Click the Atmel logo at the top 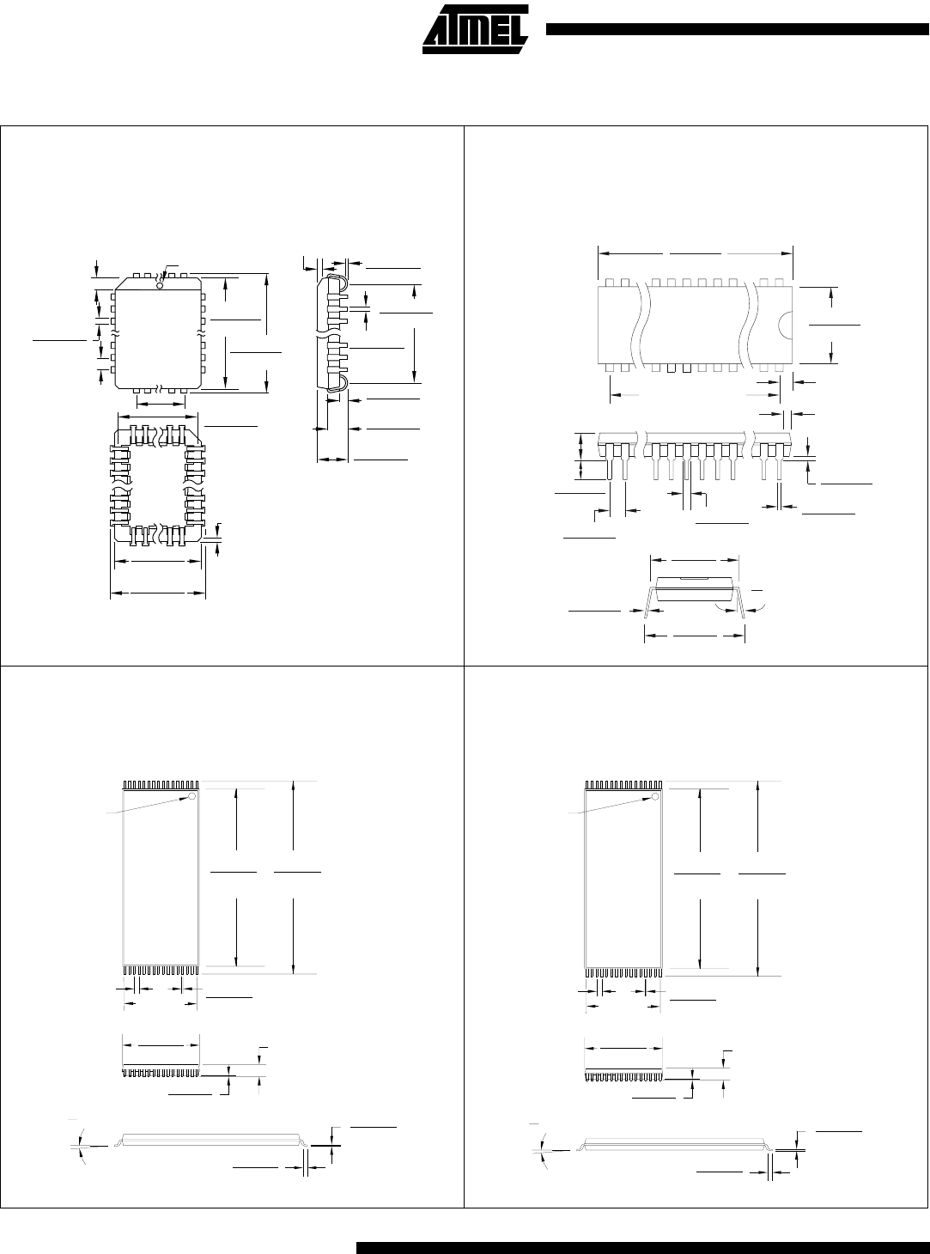pos(476,29)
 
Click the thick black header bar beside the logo pos(737,29)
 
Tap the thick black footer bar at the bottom pos(642,1247)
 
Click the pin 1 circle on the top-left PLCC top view pos(160,285)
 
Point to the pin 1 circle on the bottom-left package pos(191,796)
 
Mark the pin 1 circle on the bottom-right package pos(655,797)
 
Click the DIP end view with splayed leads pos(695,594)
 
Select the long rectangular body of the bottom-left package pos(161,877)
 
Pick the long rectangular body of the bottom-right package pos(623,880)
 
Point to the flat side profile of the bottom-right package pos(675,1144)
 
